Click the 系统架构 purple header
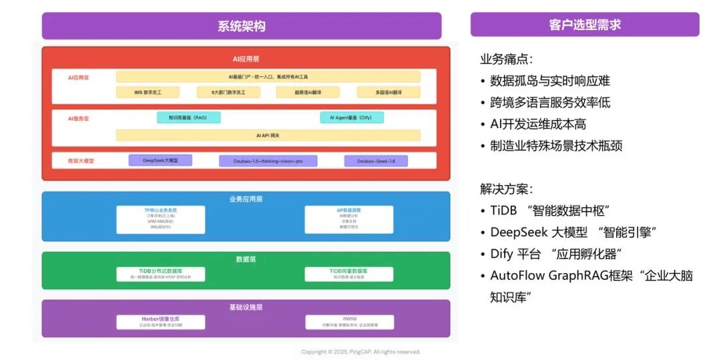click(x=241, y=26)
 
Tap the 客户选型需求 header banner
click(x=584, y=25)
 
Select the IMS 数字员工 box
click(x=147, y=92)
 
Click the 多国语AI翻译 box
click(x=388, y=92)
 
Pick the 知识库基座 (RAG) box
click(x=188, y=118)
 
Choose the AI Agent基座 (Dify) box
click(x=352, y=118)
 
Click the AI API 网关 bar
click(x=268, y=135)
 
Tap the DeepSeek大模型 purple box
click(x=160, y=160)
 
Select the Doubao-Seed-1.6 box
click(x=375, y=161)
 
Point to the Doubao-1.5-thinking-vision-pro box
click(x=268, y=161)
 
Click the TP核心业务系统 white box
click(x=161, y=219)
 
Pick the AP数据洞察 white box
click(x=348, y=219)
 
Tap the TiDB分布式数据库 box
click(x=161, y=274)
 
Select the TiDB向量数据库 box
click(x=348, y=274)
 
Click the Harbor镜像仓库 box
click(x=161, y=322)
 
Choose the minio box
click(x=348, y=322)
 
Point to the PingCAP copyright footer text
click(x=360, y=352)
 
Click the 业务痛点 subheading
click(x=506, y=59)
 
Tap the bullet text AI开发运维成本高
click(x=538, y=124)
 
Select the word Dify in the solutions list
click(x=501, y=254)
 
